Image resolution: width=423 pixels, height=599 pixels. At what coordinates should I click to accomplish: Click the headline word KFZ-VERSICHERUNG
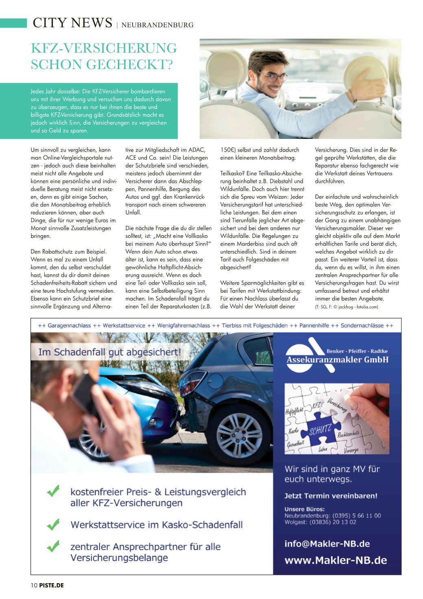click(x=104, y=48)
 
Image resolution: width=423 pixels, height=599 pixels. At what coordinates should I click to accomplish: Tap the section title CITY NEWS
click(x=72, y=23)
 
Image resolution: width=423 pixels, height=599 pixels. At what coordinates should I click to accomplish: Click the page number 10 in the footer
click(x=34, y=586)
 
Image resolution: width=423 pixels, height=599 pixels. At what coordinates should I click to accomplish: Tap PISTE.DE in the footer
click(x=52, y=586)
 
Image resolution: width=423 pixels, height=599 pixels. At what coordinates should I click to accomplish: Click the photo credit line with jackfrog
click(x=347, y=307)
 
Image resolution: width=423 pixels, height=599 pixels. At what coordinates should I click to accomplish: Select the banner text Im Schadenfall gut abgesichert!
click(x=109, y=352)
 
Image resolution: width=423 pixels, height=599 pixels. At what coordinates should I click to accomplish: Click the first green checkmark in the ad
click(x=53, y=491)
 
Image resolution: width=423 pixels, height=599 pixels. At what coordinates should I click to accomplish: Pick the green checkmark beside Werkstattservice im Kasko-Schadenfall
click(x=53, y=524)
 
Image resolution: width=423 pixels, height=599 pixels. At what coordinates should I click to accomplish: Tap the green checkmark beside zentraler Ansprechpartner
click(x=53, y=546)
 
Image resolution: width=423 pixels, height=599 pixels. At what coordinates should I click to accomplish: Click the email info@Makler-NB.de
click(x=327, y=544)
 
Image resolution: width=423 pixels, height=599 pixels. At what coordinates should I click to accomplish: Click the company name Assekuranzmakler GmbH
click(x=337, y=360)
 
